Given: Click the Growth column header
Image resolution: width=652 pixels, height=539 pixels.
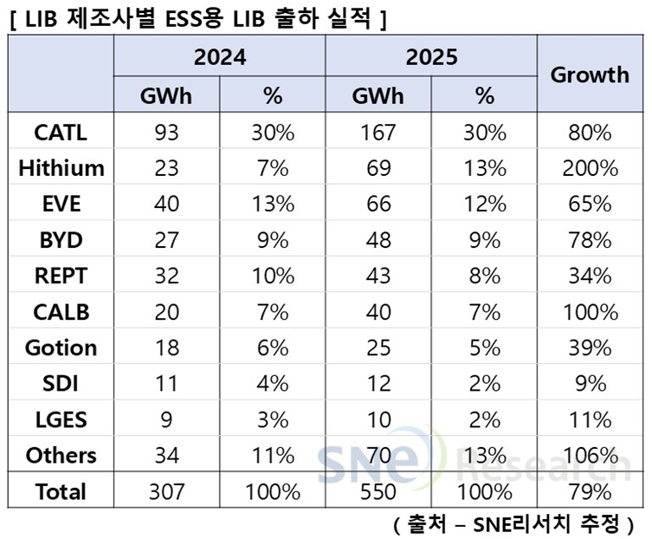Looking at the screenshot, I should [591, 75].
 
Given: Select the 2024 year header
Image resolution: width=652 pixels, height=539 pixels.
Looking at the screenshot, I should [220, 57].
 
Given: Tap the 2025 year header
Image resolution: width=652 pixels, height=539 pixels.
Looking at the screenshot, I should [431, 57].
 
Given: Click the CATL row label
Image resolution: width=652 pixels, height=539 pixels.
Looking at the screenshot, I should [61, 133].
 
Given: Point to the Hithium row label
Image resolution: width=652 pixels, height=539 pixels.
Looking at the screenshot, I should [61, 168].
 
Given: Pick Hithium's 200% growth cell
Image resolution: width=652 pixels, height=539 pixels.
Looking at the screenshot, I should [591, 168].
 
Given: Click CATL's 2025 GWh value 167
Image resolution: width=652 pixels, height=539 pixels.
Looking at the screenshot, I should [378, 133].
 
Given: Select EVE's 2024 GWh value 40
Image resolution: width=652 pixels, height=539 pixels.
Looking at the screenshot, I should [166, 204].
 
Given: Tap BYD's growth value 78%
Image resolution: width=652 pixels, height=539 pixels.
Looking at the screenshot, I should [591, 240].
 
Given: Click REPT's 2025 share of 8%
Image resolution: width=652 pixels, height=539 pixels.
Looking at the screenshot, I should [484, 276].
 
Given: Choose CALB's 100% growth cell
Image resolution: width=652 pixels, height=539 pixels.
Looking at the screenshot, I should [591, 312].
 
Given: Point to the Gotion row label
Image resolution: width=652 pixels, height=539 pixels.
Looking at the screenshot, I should [61, 347].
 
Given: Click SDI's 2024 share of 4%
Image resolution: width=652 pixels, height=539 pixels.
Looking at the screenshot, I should [273, 384].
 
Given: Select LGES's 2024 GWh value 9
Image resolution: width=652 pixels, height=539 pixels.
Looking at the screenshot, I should [166, 419].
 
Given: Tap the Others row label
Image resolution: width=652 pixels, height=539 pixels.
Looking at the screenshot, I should [61, 455].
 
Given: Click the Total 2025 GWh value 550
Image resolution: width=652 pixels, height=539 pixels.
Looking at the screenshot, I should [378, 492].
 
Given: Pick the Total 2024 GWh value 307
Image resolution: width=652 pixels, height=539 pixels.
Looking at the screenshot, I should [166, 492].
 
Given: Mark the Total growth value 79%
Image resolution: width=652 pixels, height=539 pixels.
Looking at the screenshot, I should [591, 492].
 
